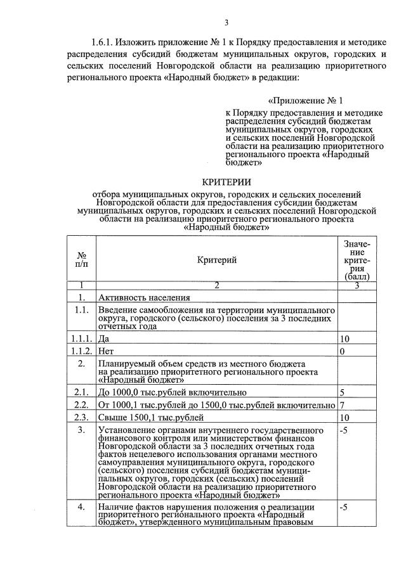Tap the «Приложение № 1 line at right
305,101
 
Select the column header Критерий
216,260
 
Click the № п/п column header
81,260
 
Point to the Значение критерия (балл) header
357,260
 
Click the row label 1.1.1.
81,339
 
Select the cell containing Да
103,339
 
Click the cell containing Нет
106,351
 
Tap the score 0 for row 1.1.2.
343,351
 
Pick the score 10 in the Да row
344,339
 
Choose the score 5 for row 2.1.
343,393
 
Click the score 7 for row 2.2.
343,405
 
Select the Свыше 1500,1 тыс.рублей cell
151,417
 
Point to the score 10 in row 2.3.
344,417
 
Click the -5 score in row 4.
344,508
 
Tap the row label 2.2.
81,405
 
